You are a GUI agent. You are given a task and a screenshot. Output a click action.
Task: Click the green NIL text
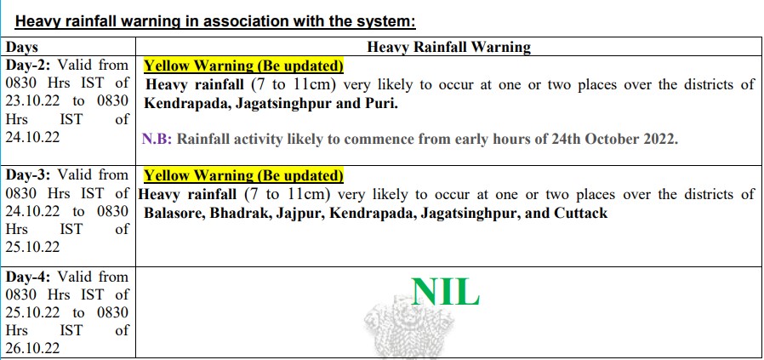445,292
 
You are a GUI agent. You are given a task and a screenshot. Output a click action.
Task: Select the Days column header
21,48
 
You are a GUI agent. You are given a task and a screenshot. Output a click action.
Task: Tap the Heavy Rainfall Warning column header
448,48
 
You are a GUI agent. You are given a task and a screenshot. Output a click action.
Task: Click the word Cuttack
581,214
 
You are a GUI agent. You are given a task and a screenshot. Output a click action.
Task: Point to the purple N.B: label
157,140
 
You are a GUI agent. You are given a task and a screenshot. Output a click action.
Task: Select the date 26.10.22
32,348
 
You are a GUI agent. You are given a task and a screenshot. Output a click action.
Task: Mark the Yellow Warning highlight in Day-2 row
243,66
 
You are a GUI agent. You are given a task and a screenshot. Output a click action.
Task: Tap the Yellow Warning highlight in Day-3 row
243,175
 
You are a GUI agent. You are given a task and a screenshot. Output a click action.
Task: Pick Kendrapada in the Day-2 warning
186,104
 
